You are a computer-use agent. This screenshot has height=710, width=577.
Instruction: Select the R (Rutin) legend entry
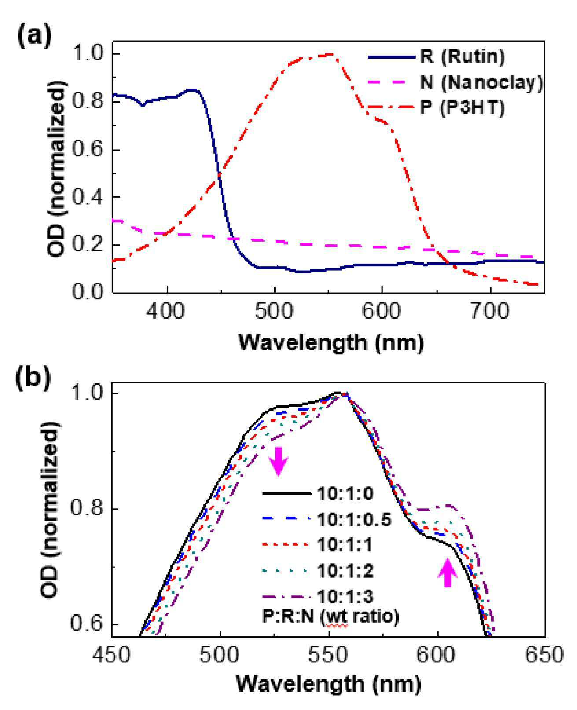[436, 57]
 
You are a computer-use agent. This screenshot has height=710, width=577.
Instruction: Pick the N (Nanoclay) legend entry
[455, 82]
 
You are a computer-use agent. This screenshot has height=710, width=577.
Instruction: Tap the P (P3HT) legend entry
[436, 107]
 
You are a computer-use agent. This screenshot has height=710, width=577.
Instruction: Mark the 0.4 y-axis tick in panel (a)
[87, 197]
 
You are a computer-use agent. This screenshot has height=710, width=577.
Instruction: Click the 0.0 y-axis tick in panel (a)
[87, 292]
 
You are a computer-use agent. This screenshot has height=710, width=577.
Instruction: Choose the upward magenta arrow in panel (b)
[448, 572]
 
